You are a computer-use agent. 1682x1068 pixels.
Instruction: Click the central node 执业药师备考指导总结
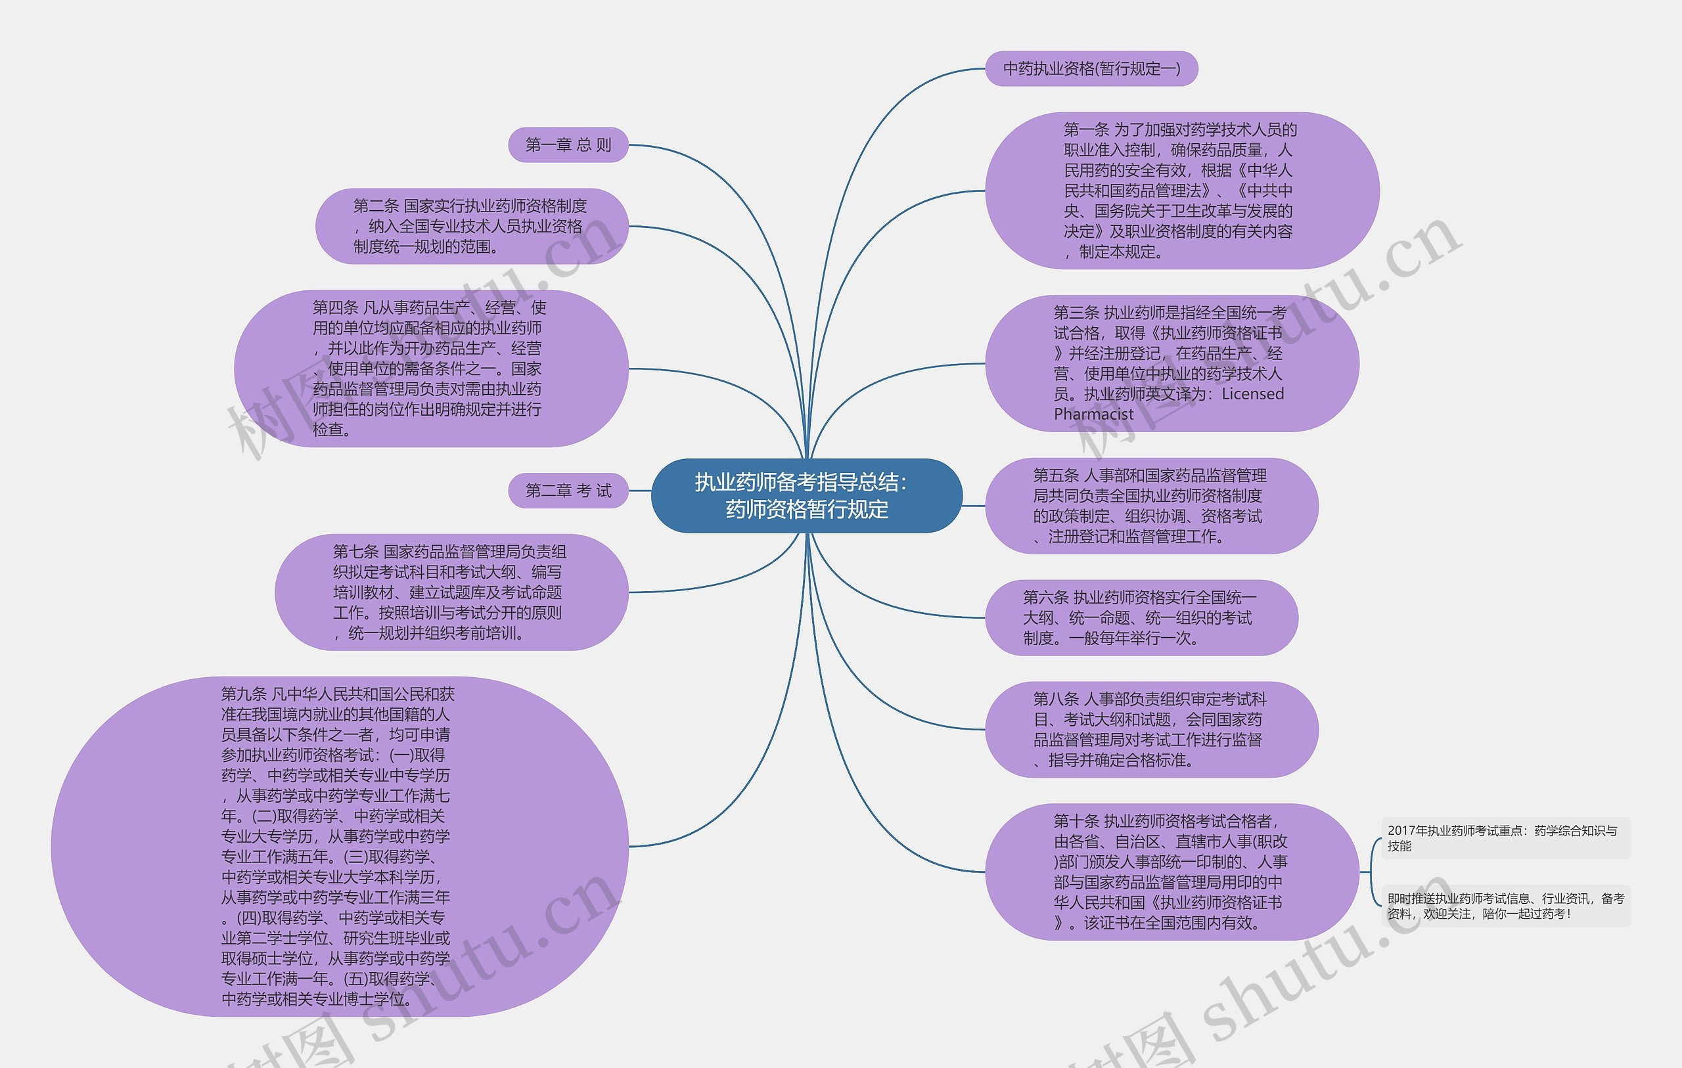806,495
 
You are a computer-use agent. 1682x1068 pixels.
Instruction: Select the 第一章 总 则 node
568,145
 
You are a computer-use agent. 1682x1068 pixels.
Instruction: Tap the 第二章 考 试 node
568,491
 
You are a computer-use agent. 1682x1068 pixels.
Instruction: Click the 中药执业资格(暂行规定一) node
1091,68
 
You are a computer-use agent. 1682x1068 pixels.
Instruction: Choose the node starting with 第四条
430,368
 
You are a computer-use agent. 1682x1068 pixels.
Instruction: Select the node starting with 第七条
451,592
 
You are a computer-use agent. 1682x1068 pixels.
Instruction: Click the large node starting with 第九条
340,846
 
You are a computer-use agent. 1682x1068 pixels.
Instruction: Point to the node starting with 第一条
1181,190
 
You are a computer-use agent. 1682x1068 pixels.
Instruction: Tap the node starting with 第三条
1171,363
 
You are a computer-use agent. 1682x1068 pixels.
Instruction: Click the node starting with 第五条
1151,506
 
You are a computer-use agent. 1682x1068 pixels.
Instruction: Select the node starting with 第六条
1141,617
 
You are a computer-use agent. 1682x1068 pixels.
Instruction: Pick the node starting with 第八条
1151,729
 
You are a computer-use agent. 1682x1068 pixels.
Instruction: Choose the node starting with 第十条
1171,872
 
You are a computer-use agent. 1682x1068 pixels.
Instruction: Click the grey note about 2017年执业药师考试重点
1505,837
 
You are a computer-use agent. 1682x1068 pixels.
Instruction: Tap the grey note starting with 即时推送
1505,906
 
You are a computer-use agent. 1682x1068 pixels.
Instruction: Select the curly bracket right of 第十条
1372,872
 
